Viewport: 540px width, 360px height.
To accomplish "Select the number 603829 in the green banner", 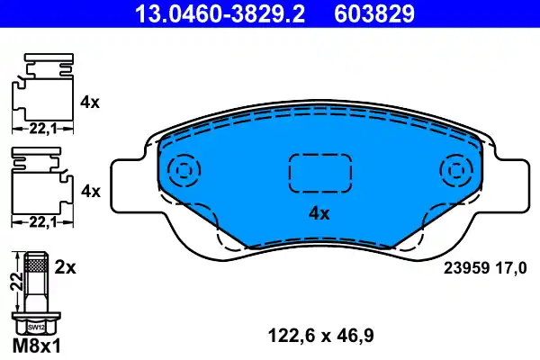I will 375,13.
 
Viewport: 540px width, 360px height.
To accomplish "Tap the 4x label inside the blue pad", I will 319,213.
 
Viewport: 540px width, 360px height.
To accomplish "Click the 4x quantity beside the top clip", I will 89,102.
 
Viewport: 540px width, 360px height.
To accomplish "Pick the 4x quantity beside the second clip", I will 89,191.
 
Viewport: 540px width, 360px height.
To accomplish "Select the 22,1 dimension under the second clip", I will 38,221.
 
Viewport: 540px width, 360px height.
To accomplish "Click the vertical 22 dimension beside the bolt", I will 13,282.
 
